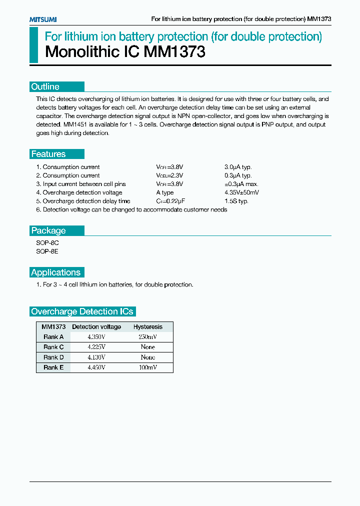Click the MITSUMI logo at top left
coord(42,19)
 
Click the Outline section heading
coord(45,86)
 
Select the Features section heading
coord(48,154)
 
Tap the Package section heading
coord(48,230)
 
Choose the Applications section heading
coord(55,272)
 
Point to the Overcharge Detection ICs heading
coord(82,311)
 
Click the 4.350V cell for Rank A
coord(96,337)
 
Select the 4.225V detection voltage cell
coord(96,347)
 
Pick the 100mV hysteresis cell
coord(147,367)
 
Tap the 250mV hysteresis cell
coord(147,337)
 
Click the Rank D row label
coord(53,357)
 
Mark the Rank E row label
coord(53,367)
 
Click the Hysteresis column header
coord(147,326)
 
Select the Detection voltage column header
coord(96,326)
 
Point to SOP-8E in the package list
coord(47,251)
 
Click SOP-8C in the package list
coord(47,243)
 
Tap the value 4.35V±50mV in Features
coord(242,192)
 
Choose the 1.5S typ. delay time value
coord(236,201)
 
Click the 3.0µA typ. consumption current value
coord(238,167)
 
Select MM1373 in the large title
coord(174,52)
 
